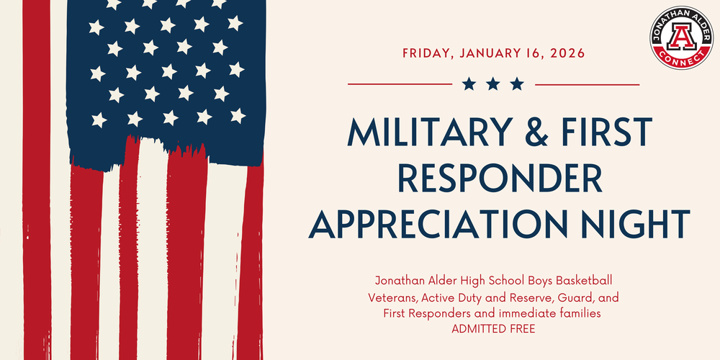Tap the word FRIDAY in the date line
pyautogui.click(x=427, y=53)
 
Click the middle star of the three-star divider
pyautogui.click(x=493, y=84)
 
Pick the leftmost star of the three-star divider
pyautogui.click(x=469, y=84)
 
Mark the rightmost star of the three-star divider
pyautogui.click(x=517, y=84)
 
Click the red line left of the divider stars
pyautogui.click(x=400, y=84)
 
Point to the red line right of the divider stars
pyautogui.click(x=588, y=84)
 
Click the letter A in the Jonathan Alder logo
pyautogui.click(x=681, y=35)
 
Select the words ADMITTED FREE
pyautogui.click(x=493, y=328)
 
